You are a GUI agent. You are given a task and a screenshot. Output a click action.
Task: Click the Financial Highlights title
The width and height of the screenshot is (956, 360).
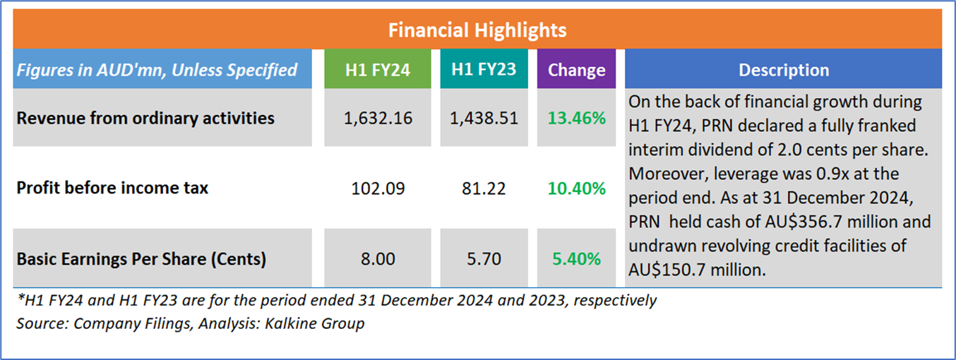click(x=477, y=30)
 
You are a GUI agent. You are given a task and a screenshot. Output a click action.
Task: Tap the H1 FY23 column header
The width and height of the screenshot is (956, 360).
click(x=484, y=70)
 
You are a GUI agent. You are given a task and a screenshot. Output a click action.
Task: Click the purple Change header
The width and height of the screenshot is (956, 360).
click(x=576, y=70)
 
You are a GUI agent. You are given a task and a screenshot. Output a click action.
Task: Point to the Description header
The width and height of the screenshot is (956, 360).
click(x=784, y=70)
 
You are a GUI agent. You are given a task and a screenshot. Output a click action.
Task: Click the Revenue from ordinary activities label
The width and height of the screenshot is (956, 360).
click(x=145, y=118)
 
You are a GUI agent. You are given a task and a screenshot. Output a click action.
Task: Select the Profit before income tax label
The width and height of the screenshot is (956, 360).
click(x=112, y=188)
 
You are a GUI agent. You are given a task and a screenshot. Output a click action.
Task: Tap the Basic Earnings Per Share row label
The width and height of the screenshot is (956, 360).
click(x=141, y=259)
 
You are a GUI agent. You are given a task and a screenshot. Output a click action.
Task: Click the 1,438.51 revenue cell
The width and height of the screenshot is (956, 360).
click(x=484, y=118)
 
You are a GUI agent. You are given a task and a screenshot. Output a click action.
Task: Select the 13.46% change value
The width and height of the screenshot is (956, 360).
click(x=576, y=118)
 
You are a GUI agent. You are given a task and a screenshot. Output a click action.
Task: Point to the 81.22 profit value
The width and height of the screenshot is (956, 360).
click(x=484, y=188)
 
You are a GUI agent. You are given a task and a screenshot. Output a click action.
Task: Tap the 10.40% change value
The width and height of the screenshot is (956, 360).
click(x=576, y=188)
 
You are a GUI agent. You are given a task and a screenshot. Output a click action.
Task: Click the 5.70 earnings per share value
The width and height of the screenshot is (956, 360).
click(x=484, y=259)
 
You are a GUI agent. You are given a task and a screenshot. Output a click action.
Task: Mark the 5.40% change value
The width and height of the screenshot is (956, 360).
click(x=576, y=259)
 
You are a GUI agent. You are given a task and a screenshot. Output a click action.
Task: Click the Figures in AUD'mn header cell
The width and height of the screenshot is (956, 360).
click(x=157, y=70)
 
